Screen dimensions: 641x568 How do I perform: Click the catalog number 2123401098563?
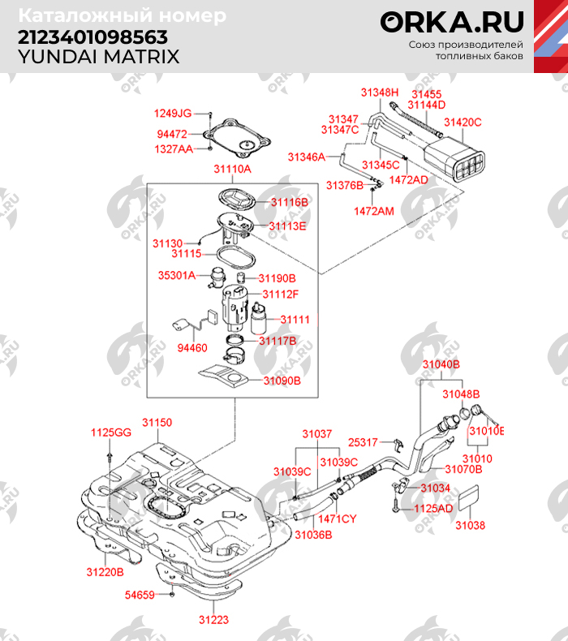[93, 37]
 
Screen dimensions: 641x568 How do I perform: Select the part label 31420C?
[463, 123]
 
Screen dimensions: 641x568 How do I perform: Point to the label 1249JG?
[173, 113]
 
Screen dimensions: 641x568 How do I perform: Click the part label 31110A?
[232, 170]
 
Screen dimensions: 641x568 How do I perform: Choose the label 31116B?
[290, 201]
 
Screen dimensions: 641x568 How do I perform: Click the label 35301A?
[176, 275]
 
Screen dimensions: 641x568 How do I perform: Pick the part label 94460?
[191, 347]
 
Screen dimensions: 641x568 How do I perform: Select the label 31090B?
[282, 380]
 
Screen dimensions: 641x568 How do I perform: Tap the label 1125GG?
[110, 432]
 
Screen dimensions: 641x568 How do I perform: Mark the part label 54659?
[139, 595]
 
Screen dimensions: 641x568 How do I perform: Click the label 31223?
[214, 620]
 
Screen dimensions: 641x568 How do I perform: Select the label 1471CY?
[338, 518]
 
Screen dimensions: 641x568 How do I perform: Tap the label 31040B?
[441, 365]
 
